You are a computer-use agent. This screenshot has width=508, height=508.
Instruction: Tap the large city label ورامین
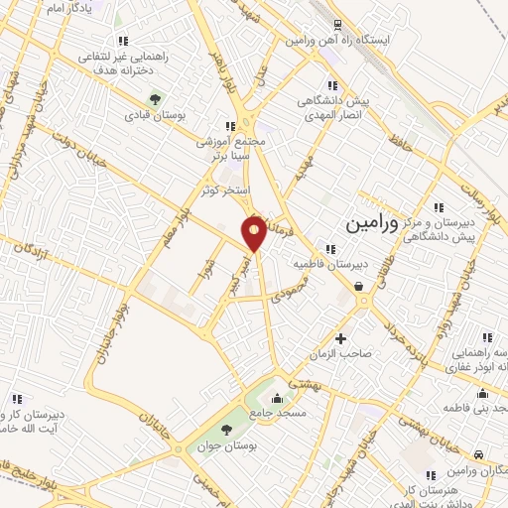click(371, 225)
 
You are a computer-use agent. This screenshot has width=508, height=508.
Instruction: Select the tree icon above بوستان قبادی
click(155, 98)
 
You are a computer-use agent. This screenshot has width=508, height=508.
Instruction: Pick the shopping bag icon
click(358, 287)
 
